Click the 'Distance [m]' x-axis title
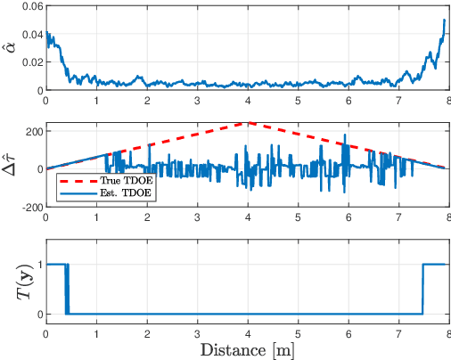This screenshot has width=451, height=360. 249,348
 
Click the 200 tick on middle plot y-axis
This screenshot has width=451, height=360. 34,132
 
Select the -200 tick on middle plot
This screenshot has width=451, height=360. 32,207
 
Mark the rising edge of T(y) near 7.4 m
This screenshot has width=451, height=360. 422,289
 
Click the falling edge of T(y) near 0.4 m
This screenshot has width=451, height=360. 67,289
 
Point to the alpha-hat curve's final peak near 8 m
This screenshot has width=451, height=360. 444,20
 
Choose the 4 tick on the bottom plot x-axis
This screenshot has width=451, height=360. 249,332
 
